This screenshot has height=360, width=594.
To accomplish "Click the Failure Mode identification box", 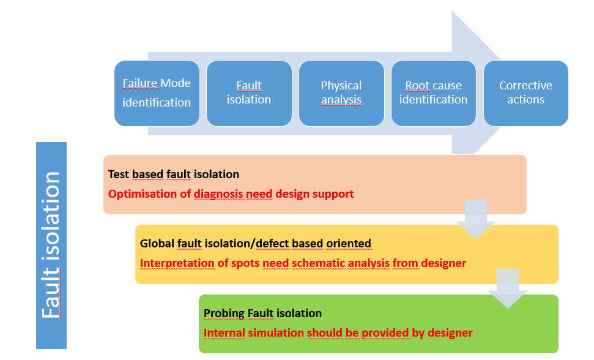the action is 157,93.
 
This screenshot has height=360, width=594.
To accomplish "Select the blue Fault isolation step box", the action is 249,93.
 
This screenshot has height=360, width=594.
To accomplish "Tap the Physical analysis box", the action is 341,93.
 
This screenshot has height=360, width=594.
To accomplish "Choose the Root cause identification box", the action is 433,93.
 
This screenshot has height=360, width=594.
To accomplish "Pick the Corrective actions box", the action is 526,93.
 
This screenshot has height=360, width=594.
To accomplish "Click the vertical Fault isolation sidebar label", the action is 51,245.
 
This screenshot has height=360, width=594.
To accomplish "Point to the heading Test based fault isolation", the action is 174,174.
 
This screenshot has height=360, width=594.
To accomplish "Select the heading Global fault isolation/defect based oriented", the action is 255,243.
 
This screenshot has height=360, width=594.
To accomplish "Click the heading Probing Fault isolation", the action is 262,313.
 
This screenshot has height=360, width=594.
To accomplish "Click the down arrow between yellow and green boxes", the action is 508,288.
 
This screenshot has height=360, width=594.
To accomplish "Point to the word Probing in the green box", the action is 223,313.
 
